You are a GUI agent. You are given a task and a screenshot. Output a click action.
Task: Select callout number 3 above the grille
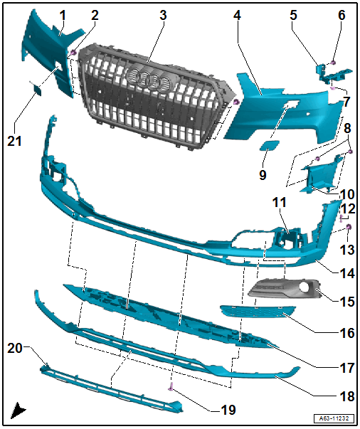pyautogui.click(x=163, y=15)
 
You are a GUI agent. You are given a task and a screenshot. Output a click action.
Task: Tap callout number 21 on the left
pyautogui.click(x=16, y=142)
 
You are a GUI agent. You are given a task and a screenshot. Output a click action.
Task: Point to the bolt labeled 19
pyautogui.click(x=171, y=387)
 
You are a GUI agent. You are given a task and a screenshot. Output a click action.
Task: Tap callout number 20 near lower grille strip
pyautogui.click(x=16, y=348)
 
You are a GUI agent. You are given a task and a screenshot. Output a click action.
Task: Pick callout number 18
pyautogui.click(x=346, y=395)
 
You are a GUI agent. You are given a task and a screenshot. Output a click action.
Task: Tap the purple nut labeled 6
pyautogui.click(x=334, y=63)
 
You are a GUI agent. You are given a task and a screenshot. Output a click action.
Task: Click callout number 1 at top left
pyautogui.click(x=63, y=15)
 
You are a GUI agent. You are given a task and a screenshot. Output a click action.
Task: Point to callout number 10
pyautogui.click(x=346, y=194)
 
